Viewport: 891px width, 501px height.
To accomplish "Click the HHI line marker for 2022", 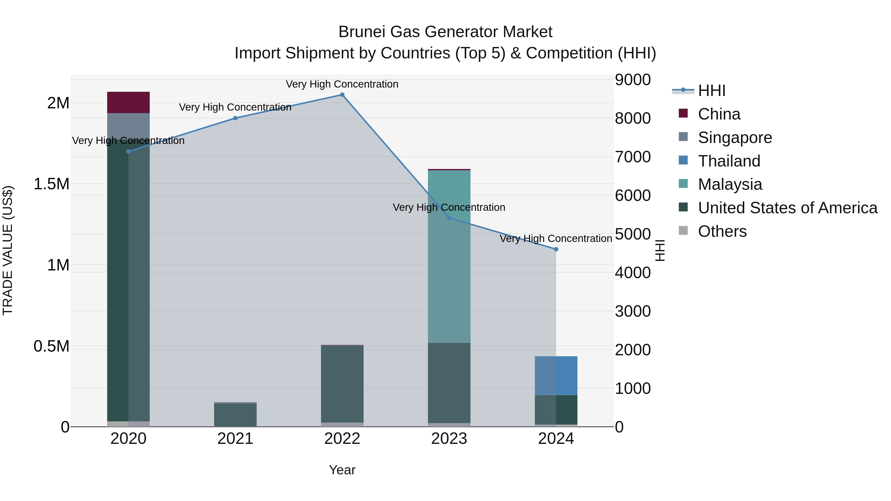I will [x=342, y=95].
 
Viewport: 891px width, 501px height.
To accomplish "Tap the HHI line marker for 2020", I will [x=128, y=151].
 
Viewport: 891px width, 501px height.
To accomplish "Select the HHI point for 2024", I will [x=556, y=249].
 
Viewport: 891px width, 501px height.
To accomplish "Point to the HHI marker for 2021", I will [x=235, y=118].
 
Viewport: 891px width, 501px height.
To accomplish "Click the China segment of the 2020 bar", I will [x=128, y=102].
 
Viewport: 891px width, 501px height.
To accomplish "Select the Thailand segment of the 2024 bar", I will [x=556, y=376].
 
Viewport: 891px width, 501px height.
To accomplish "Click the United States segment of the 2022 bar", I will [x=342, y=384].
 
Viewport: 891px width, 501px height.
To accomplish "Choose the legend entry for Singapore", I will [x=735, y=138].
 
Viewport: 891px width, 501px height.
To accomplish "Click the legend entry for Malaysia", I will [x=730, y=184].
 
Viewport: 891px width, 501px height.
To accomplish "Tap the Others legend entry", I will [x=722, y=231].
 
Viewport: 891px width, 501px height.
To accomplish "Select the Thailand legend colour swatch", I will [x=683, y=160].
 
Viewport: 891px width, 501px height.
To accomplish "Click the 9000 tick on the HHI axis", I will [x=633, y=79].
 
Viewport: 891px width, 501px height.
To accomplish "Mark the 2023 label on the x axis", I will [x=449, y=439].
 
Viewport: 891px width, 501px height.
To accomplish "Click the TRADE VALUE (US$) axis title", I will [x=8, y=250].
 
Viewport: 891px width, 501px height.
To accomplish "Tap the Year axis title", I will [x=342, y=470].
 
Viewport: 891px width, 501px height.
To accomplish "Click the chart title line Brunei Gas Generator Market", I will [x=445, y=32].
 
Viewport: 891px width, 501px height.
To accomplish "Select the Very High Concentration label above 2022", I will [x=342, y=84].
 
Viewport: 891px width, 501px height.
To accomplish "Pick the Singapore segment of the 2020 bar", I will [x=128, y=126].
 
